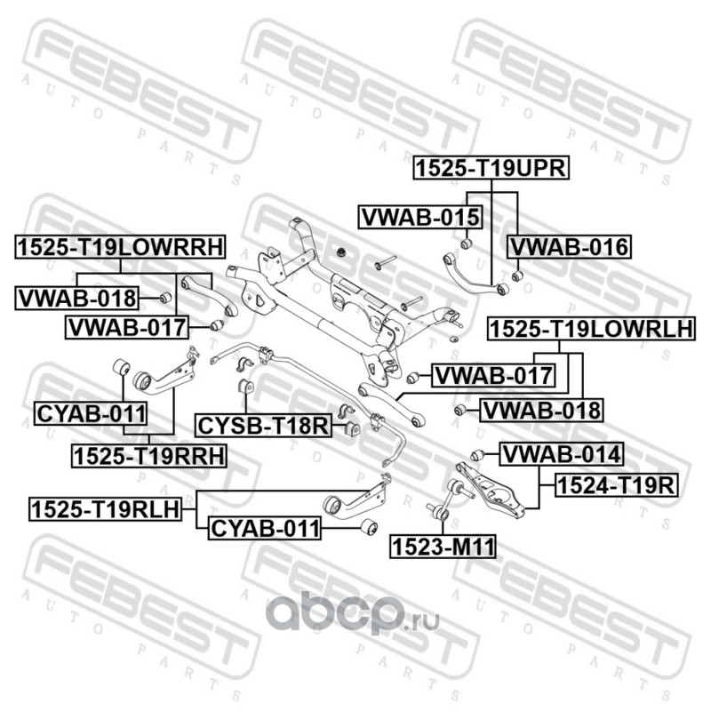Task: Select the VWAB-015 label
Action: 419,216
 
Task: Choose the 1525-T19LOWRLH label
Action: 588,329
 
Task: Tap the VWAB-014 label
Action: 560,455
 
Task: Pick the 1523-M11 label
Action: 442,545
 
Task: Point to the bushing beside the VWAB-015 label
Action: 464,242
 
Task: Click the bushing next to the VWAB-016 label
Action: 518,275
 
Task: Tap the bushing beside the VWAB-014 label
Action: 477,456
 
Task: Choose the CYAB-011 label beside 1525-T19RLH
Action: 263,530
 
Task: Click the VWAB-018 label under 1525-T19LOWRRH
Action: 76,298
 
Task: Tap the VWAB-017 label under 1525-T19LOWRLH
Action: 492,376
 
